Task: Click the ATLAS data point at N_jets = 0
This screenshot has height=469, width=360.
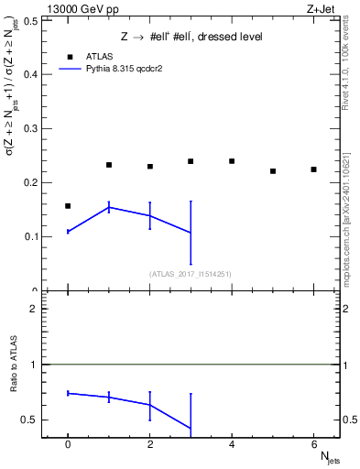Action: click(x=68, y=206)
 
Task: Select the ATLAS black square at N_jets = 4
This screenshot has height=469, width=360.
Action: click(x=232, y=161)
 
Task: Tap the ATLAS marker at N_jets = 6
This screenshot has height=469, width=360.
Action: click(x=313, y=169)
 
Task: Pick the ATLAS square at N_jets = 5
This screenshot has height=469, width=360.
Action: click(x=273, y=171)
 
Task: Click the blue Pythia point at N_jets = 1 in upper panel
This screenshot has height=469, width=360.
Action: click(x=109, y=208)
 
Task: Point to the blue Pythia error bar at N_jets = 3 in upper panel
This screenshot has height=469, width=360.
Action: click(x=191, y=233)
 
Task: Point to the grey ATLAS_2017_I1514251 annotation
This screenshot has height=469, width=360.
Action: click(x=191, y=274)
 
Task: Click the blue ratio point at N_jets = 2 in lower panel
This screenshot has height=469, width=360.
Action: click(x=149, y=404)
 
